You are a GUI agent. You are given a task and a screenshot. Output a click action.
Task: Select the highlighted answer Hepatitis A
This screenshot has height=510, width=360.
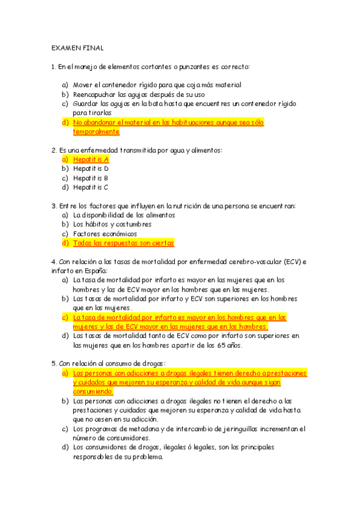coord(91,159)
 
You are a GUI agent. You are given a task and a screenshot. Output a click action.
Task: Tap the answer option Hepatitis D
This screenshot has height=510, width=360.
coord(91,168)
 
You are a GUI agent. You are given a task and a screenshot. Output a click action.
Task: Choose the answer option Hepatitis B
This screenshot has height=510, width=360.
coord(91,178)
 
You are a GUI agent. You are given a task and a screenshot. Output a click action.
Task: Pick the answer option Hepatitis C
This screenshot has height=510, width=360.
coord(91,187)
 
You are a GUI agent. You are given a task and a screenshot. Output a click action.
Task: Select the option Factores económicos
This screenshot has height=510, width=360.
coord(105,233)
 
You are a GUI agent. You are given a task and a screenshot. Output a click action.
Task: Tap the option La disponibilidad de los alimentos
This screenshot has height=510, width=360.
coord(124,215)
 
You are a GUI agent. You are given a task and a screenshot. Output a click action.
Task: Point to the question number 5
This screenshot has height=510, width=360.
coord(54,363)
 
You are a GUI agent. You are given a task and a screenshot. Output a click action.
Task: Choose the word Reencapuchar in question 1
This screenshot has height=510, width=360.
coord(94,94)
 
